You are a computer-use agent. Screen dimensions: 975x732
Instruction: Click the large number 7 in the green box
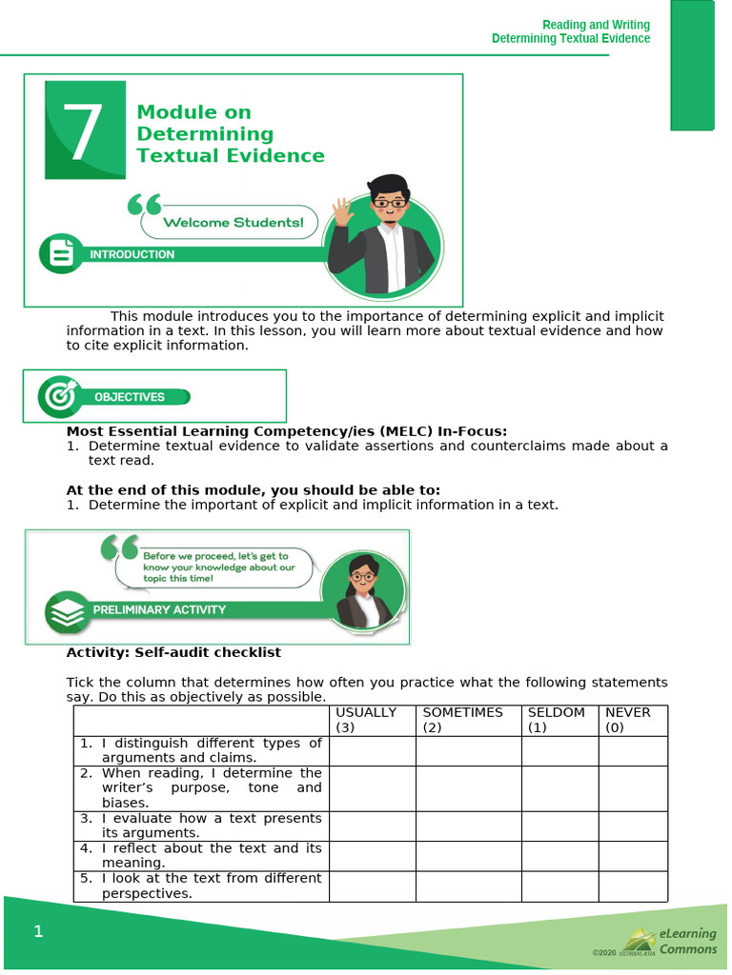click(84, 131)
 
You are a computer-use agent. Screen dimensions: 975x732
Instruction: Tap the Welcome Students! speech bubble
click(233, 223)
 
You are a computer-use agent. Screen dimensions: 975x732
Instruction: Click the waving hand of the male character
click(342, 212)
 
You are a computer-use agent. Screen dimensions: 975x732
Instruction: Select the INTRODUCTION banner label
click(132, 254)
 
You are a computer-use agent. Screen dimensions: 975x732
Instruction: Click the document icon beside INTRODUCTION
click(61, 254)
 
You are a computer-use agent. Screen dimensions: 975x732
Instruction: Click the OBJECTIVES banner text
click(130, 397)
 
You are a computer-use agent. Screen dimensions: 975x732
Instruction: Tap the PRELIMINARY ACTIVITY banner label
click(159, 609)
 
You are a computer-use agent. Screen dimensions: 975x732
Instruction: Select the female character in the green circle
click(362, 593)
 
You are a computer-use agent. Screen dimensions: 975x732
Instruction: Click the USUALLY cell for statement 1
click(372, 751)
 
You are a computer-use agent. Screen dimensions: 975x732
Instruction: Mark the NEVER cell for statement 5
click(633, 886)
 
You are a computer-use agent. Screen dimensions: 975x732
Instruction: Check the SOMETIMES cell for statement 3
click(468, 826)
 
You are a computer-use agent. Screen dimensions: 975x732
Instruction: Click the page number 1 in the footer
click(38, 931)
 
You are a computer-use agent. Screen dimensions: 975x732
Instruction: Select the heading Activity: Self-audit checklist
click(173, 652)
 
